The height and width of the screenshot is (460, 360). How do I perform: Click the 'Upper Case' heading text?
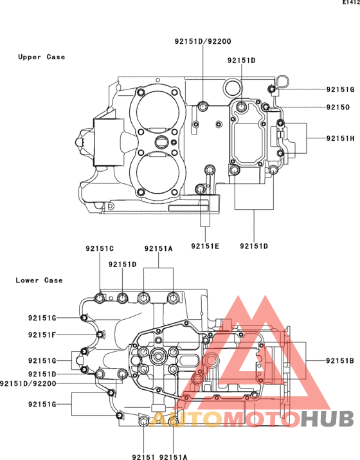[41, 57]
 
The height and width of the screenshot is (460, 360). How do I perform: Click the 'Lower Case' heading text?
[39, 280]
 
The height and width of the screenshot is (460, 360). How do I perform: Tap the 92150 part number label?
[338, 107]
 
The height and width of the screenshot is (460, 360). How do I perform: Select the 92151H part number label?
[340, 138]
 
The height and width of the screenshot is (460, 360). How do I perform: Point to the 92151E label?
[205, 246]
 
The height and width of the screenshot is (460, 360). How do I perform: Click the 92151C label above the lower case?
[100, 248]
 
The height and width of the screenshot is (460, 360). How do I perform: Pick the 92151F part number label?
[42, 335]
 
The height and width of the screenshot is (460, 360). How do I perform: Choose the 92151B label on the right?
[340, 360]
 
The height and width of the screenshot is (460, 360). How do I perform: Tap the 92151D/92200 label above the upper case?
[203, 41]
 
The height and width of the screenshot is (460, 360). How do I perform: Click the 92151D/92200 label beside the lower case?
[28, 383]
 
